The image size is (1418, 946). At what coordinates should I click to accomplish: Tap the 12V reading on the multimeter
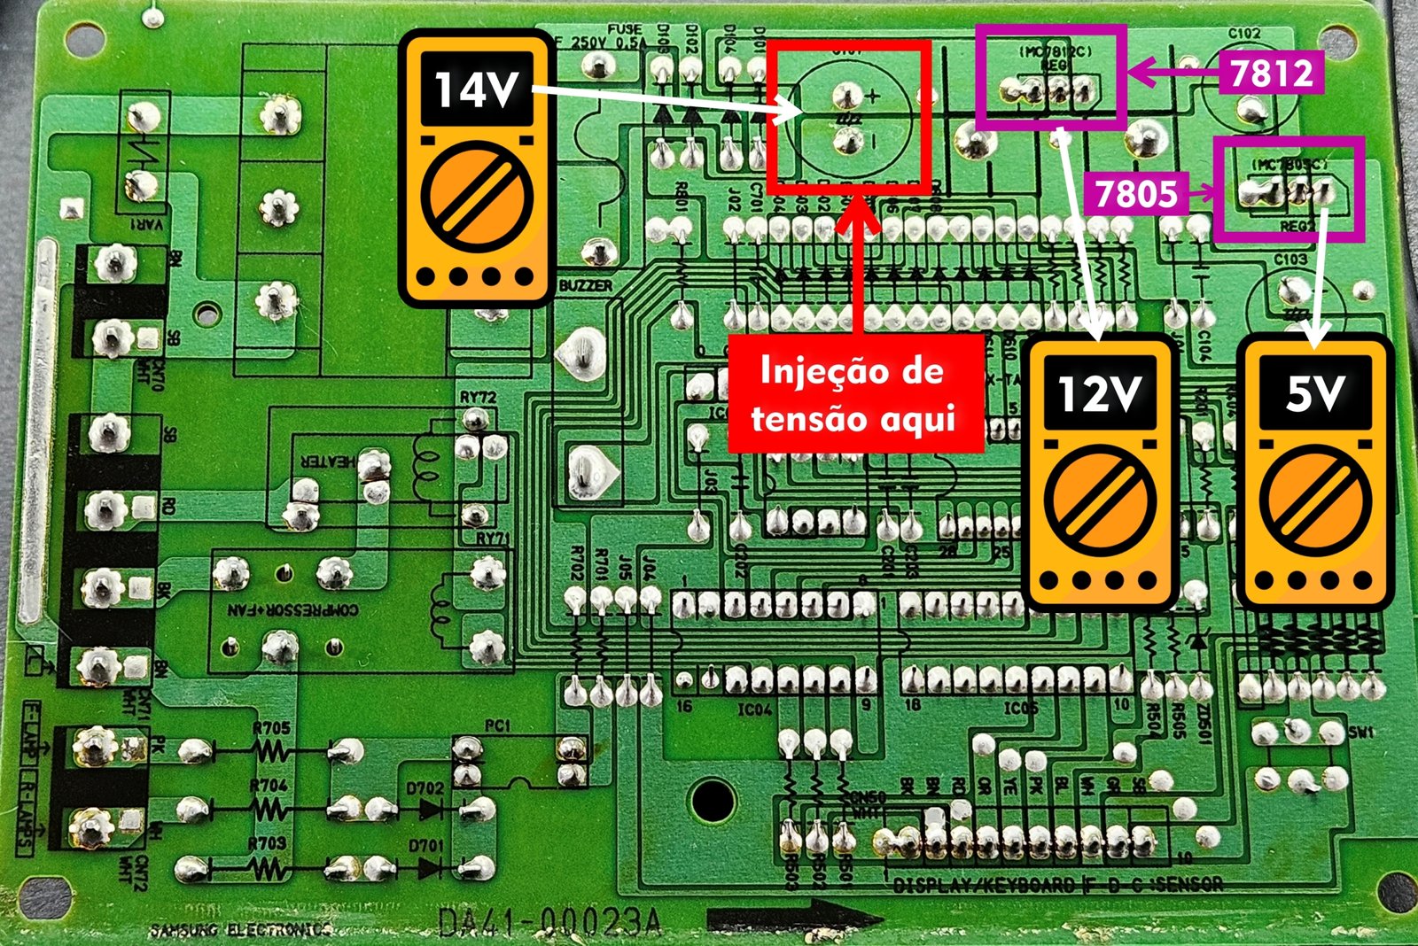click(x=1099, y=392)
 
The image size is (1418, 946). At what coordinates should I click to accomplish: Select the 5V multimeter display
click(x=1315, y=392)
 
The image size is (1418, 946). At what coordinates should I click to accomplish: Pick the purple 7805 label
click(x=1136, y=193)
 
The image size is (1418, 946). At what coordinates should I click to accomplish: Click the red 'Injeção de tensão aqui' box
click(x=854, y=393)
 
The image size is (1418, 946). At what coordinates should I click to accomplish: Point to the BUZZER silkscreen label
click(x=586, y=285)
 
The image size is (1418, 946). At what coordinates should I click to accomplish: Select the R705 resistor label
click(x=271, y=728)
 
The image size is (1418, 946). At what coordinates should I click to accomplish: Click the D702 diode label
click(x=425, y=787)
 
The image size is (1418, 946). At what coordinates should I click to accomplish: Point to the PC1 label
click(x=497, y=725)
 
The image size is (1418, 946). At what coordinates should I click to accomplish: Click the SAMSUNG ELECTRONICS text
click(x=239, y=929)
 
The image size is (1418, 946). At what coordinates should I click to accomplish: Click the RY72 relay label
click(x=478, y=398)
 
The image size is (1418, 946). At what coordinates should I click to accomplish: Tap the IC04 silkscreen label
click(x=755, y=709)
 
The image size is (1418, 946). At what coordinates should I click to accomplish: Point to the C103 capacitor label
click(x=1290, y=260)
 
